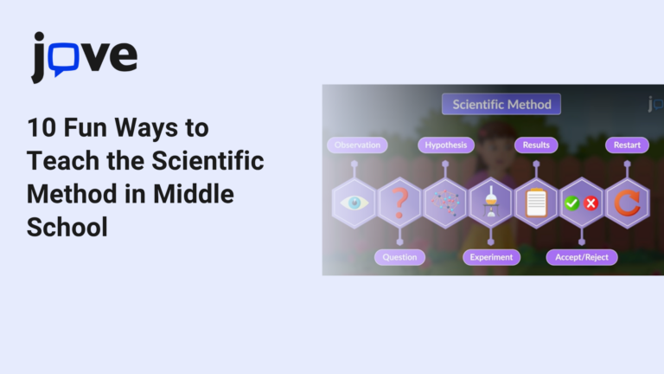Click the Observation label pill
tap(357, 145)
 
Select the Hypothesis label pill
tap(445, 145)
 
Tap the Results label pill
tap(536, 145)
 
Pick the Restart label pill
tap(627, 145)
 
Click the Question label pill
tap(399, 257)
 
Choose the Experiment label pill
tap(491, 257)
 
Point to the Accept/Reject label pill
tap(581, 257)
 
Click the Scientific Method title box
tap(501, 105)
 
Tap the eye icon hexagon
tap(354, 203)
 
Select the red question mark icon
tap(399, 203)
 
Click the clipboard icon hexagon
tap(536, 203)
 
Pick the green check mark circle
tap(571, 203)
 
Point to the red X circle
tap(591, 203)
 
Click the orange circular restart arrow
tap(627, 203)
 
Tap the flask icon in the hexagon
tap(490, 203)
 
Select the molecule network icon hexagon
tap(445, 203)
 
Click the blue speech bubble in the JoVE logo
tap(66, 57)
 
